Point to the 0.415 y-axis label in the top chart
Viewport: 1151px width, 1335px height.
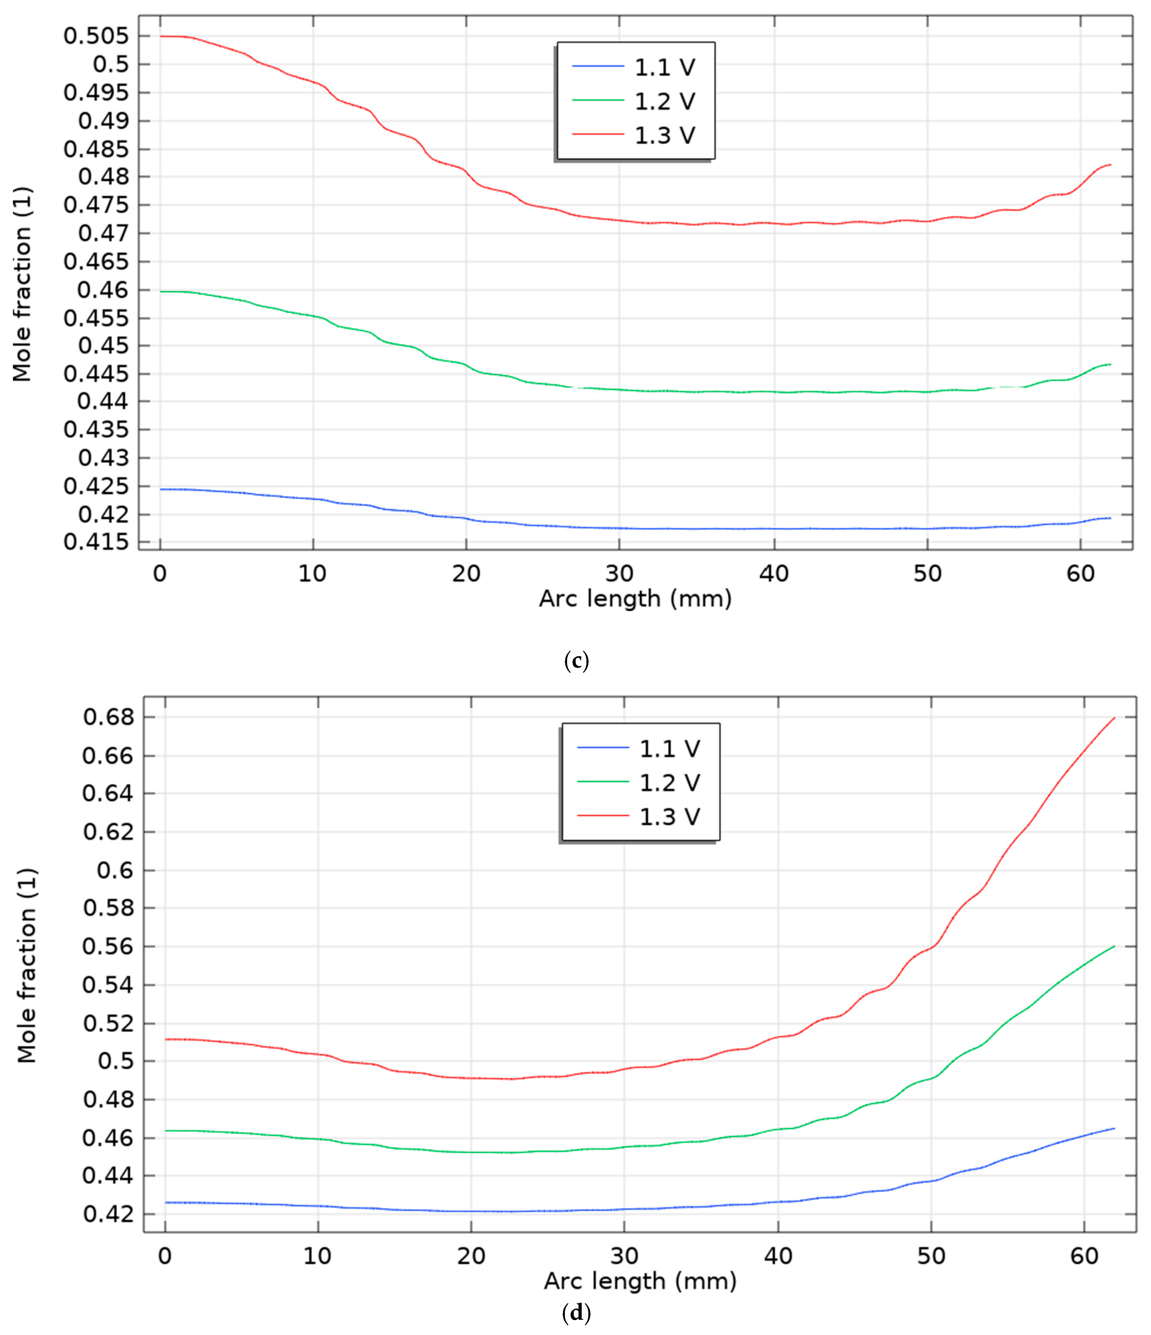[96, 543]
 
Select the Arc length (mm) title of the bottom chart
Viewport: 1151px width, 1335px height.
[640, 1281]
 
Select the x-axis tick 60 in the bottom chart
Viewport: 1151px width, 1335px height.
[1085, 1256]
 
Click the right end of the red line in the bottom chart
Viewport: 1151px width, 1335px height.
[1114, 718]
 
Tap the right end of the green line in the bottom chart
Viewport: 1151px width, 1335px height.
[1114, 947]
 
